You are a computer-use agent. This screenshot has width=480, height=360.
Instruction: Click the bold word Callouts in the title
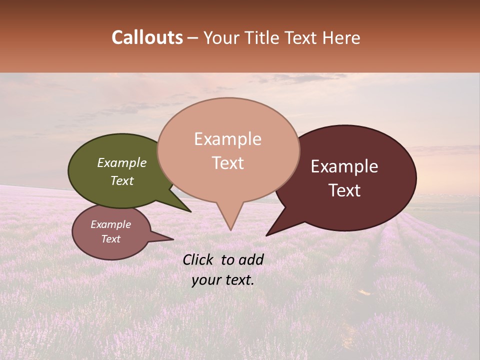(x=147, y=38)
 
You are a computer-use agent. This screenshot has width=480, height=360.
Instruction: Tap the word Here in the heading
(x=342, y=38)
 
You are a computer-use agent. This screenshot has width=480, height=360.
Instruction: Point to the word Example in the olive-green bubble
(x=122, y=162)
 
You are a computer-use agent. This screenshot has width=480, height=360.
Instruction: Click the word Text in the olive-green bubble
(x=122, y=180)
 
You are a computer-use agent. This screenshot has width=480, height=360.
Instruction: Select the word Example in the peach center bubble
(x=227, y=139)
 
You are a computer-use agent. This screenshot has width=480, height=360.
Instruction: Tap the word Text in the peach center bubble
(x=227, y=163)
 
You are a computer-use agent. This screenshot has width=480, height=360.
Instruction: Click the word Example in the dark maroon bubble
(x=344, y=166)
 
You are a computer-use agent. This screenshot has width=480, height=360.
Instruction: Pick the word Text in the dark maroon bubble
(x=344, y=190)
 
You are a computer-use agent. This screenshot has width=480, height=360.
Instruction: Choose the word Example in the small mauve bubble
(x=110, y=224)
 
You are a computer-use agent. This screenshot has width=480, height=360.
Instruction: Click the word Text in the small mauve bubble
(x=110, y=239)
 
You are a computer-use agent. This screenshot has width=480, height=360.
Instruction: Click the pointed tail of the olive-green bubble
(x=189, y=210)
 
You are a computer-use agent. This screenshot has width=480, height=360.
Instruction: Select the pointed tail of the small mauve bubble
(x=171, y=239)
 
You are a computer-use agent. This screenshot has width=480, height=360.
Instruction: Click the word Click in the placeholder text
(x=199, y=259)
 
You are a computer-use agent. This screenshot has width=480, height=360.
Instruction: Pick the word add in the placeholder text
(x=251, y=259)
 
